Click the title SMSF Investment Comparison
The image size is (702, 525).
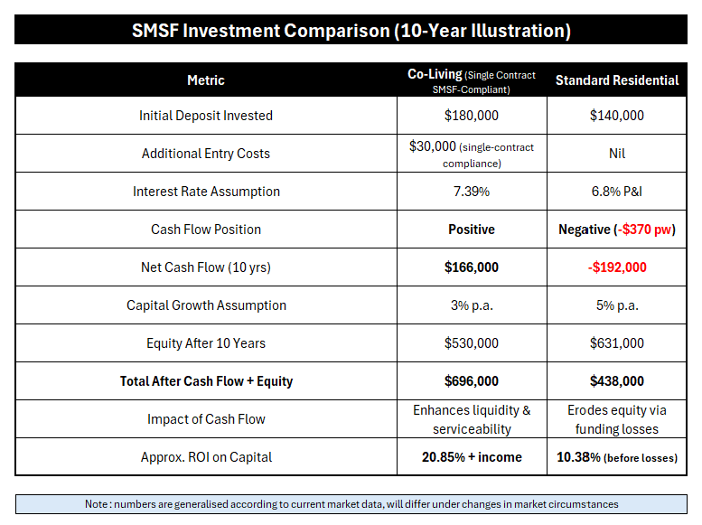(x=351, y=30)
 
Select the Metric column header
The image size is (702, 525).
(x=205, y=80)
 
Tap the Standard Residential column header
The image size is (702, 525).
(x=616, y=80)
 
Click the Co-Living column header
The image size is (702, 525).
(x=472, y=80)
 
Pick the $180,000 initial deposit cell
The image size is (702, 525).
(x=472, y=116)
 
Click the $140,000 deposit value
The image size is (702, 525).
(x=616, y=116)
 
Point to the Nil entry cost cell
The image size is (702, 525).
(x=616, y=154)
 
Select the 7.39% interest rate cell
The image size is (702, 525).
(x=472, y=192)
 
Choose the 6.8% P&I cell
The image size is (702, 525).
(x=616, y=192)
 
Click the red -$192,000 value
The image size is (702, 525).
(x=616, y=267)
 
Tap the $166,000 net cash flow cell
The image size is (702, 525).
(x=472, y=267)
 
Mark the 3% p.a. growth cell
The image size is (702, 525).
(x=472, y=305)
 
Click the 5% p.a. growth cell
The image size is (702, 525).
(x=616, y=305)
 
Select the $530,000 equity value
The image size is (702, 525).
(x=472, y=343)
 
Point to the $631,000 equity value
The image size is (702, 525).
(x=616, y=343)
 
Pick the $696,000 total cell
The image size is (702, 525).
(x=472, y=381)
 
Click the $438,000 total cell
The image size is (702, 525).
(x=616, y=381)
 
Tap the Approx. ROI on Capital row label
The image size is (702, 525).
(x=205, y=457)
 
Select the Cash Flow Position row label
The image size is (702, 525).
(x=205, y=230)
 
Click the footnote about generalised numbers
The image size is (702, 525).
(x=351, y=503)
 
